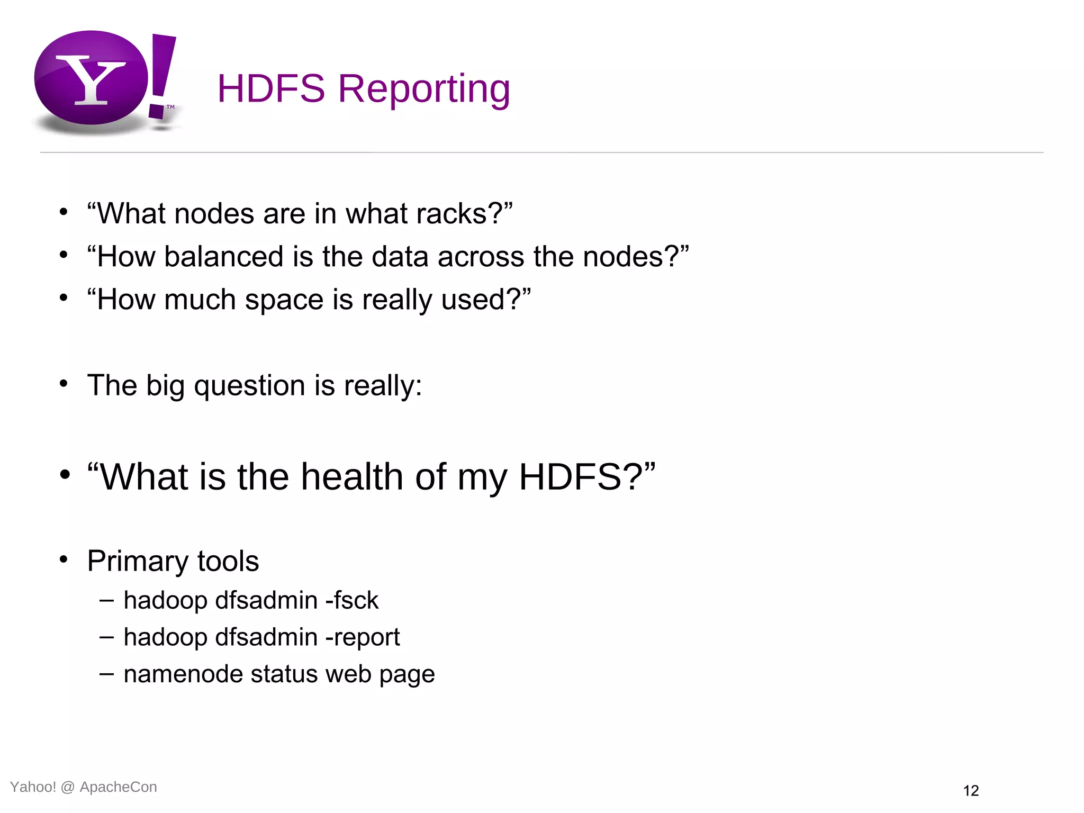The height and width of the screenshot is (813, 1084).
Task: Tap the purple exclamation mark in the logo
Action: [x=161, y=74]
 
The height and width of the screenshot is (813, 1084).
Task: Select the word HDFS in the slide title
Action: [x=271, y=88]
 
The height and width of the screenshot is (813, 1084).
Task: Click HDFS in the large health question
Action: [x=571, y=477]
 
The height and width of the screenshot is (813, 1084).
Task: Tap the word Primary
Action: [x=138, y=561]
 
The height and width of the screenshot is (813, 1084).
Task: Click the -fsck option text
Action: [x=352, y=601]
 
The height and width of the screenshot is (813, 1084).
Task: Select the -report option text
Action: [x=363, y=637]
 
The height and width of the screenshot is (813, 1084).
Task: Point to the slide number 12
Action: [x=971, y=791]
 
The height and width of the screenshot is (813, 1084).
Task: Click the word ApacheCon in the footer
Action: [x=118, y=787]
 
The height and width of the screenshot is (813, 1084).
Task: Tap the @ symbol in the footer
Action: [x=68, y=787]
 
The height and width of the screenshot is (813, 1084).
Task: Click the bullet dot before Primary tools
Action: [x=64, y=559]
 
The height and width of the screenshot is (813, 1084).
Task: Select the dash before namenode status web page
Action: [x=106, y=674]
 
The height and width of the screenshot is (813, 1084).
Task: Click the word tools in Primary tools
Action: [x=228, y=561]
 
